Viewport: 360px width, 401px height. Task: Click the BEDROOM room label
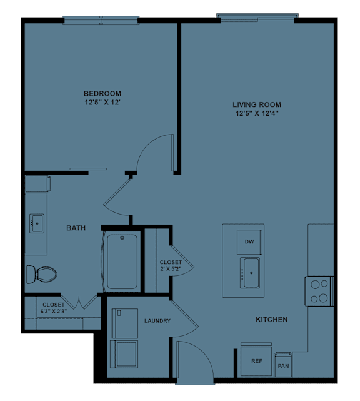[102, 94]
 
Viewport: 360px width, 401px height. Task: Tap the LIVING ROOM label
[257, 104]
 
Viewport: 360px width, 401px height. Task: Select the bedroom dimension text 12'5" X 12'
[102, 103]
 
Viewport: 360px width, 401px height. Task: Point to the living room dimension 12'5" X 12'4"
[257, 114]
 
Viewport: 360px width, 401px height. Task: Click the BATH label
[76, 228]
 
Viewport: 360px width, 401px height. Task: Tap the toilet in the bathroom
[41, 273]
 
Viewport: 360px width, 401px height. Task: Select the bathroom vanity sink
[36, 223]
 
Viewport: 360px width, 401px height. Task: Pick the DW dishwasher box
[249, 241]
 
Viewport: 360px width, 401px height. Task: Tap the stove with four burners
[319, 290]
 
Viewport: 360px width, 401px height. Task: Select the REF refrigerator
[256, 361]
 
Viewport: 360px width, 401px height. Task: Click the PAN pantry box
[283, 365]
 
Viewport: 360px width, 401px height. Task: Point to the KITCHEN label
[271, 320]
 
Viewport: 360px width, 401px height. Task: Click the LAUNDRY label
[157, 321]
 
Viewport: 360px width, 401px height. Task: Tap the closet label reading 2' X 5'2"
[171, 266]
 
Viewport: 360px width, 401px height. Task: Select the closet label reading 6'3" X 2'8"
[53, 308]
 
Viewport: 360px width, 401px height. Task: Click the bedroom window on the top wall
[101, 21]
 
